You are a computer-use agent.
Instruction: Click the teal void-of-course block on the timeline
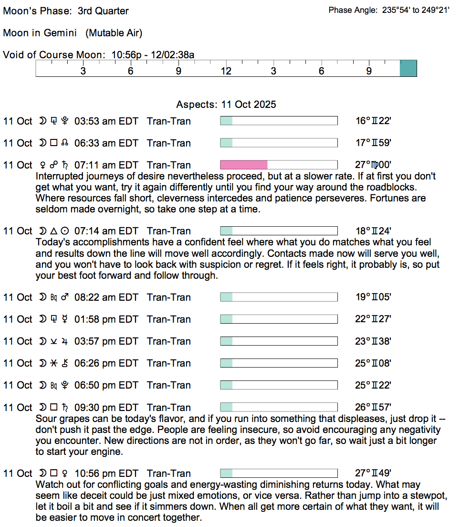408,68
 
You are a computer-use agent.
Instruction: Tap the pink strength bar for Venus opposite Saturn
244,165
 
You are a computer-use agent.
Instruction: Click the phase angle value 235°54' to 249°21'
416,10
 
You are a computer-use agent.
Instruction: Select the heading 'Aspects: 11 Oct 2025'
226,105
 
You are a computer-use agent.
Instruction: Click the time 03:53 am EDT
106,121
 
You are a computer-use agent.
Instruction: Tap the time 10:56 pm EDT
106,474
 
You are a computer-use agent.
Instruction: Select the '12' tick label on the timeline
226,72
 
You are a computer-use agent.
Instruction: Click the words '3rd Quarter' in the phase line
103,11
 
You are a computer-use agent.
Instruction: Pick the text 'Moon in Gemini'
42,33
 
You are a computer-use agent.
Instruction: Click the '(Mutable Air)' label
114,33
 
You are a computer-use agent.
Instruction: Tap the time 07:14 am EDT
106,231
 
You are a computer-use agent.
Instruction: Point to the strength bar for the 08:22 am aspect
279,297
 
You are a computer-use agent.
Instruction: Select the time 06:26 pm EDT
106,363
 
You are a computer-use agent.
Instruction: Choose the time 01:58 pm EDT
106,319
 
